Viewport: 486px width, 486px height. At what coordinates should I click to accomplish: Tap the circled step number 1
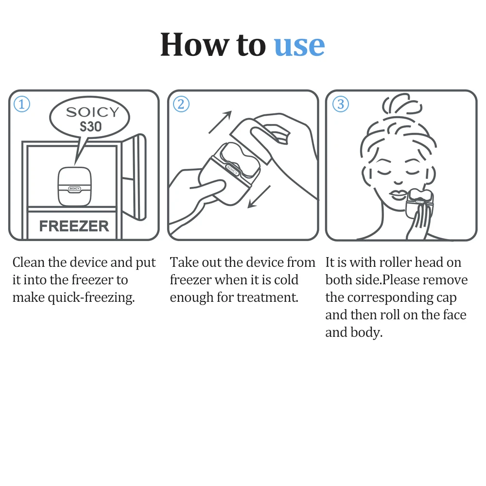[x=22, y=104]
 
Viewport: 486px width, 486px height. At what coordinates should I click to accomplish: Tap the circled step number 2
[x=181, y=104]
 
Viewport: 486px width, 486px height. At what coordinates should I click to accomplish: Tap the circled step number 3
[x=340, y=104]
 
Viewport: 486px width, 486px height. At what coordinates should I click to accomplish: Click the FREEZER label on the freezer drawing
[x=74, y=226]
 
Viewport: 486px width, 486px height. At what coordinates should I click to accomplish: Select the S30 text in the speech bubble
[x=90, y=127]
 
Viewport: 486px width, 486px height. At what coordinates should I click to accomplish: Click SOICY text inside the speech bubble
[x=92, y=112]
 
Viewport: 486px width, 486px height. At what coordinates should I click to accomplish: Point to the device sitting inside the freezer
[x=74, y=187]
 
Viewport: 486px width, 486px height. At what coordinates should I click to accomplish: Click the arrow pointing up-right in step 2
[x=220, y=122]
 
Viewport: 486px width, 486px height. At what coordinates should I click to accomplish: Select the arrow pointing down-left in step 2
[x=259, y=196]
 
